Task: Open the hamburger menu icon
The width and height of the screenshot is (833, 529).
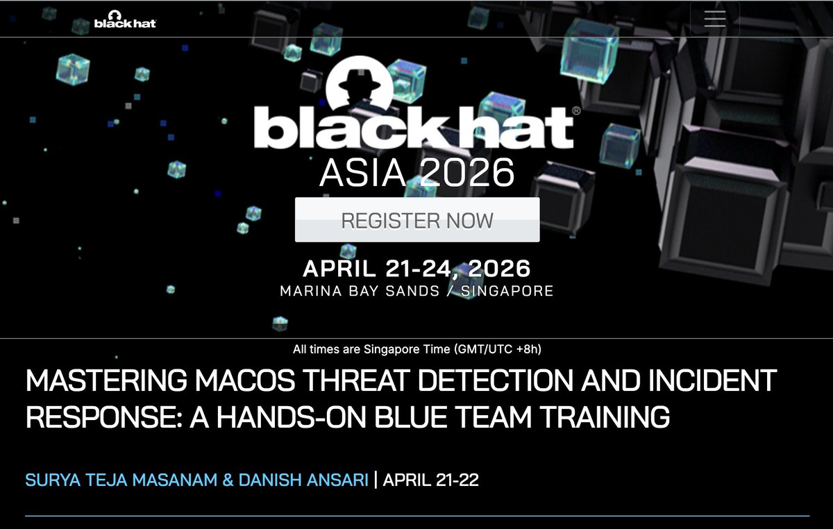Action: pos(714,19)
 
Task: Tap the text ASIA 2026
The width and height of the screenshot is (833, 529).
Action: pos(416,173)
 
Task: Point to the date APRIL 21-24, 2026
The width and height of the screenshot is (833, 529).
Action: pos(416,268)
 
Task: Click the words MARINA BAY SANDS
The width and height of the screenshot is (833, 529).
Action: pos(360,291)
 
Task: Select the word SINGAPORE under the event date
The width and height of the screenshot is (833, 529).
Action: pos(507,291)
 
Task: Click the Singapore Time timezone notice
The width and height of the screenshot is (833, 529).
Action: pos(416,349)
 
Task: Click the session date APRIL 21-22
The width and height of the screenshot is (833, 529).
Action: pos(430,480)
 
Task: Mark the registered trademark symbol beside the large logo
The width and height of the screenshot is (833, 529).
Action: pos(576,111)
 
